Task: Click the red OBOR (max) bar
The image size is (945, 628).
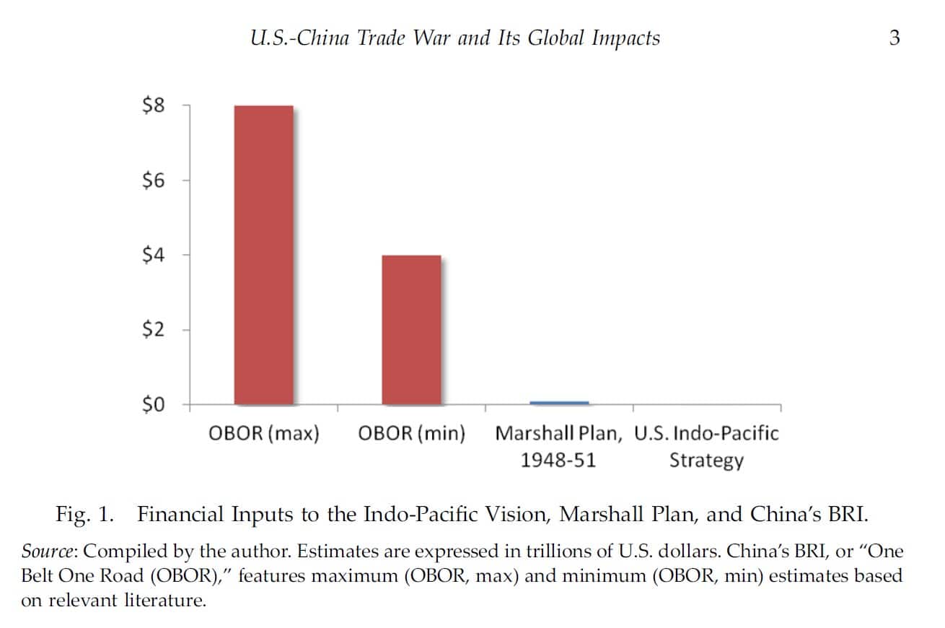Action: point(263,255)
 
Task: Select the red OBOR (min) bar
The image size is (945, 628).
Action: point(411,329)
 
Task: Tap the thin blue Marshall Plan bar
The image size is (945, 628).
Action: point(559,402)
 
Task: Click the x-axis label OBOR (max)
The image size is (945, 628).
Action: point(263,434)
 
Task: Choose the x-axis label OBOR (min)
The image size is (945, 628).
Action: point(411,434)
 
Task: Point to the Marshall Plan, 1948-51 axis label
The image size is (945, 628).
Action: point(558,446)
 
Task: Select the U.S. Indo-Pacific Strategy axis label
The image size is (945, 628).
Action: point(706,446)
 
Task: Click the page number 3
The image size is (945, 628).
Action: point(895,38)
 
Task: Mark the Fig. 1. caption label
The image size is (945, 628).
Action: point(85,515)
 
